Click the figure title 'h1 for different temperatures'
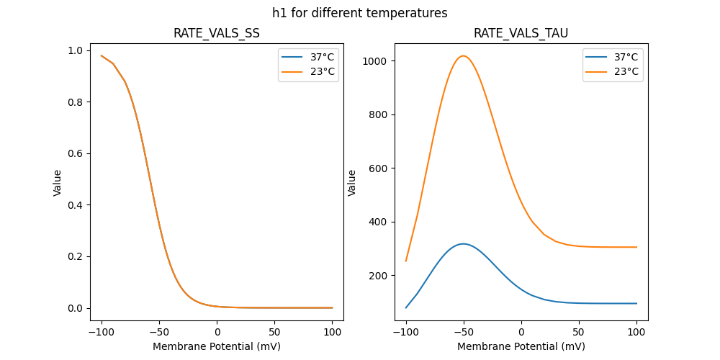359,13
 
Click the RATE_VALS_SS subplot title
217,33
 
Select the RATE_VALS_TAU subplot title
521,33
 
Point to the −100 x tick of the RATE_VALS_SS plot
101,332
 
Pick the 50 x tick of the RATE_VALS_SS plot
275,332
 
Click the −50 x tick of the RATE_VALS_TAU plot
464,332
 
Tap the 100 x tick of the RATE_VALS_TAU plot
636,332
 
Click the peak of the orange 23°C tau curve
464,55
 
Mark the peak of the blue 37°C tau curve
464,243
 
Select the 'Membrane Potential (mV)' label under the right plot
521,346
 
